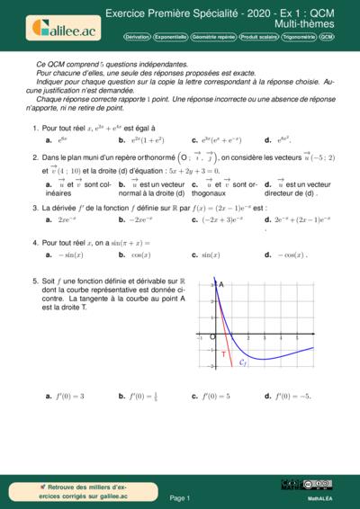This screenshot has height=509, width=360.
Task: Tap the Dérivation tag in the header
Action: pyautogui.click(x=138, y=38)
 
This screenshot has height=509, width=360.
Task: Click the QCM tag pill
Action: pyautogui.click(x=326, y=38)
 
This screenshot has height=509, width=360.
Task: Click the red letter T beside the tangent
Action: pyautogui.click(x=223, y=354)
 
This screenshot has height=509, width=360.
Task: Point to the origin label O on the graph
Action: pyautogui.click(x=212, y=337)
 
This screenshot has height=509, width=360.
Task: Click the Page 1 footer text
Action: pyautogui.click(x=180, y=496)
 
